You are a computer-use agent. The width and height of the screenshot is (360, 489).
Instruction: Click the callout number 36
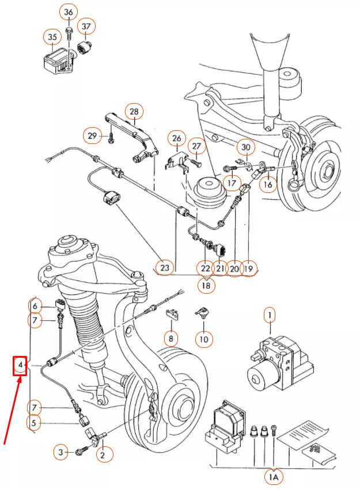click(69, 12)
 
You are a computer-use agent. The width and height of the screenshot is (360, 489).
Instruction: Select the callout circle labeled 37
click(87, 26)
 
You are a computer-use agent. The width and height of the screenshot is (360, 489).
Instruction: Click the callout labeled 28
click(134, 111)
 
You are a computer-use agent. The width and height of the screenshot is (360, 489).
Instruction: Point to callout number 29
click(92, 136)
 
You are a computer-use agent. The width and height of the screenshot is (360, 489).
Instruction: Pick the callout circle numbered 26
click(177, 139)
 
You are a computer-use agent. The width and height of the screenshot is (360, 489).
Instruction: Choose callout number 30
click(246, 147)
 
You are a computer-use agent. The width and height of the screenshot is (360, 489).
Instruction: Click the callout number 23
click(165, 268)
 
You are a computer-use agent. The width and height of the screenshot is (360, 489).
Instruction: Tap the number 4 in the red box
click(20, 365)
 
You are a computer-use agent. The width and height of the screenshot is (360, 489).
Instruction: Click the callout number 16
click(267, 184)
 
